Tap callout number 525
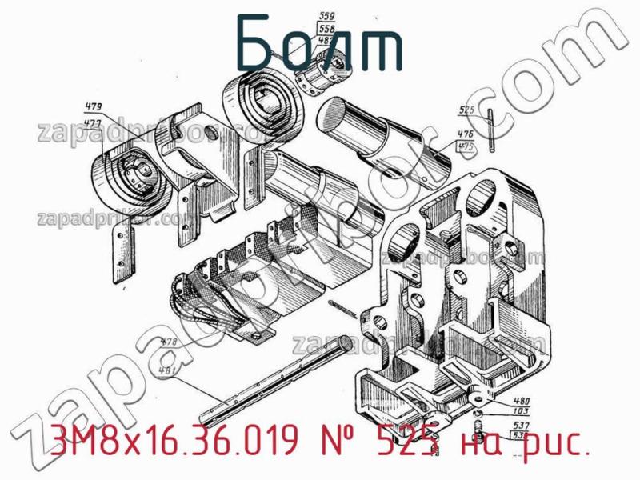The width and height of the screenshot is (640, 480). coord(468,110)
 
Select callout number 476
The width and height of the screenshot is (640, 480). coord(464,134)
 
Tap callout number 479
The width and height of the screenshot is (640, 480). coord(93,106)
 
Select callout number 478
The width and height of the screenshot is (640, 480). coord(170,343)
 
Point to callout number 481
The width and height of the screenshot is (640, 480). coord(168,370)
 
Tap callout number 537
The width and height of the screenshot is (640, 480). coord(520,425)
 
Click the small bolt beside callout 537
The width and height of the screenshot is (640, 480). coord(478,424)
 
